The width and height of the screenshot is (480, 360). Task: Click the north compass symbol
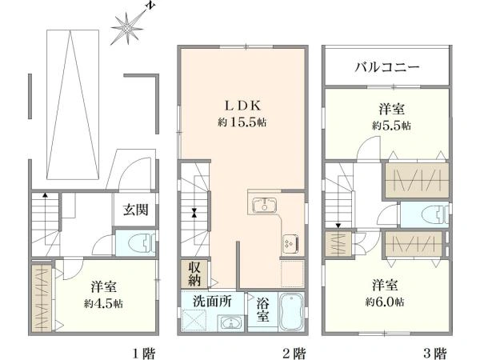coord(129,29)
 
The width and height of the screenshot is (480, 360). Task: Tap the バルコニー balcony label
coord(387,67)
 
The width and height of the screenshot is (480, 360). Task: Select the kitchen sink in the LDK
coord(262,205)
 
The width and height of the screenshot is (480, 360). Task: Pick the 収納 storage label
coord(195,273)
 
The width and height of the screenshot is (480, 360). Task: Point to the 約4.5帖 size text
coord(106,305)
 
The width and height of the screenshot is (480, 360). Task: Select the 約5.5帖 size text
coord(391,126)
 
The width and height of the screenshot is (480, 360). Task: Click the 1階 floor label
coord(143,351)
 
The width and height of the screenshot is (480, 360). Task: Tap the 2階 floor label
coord(294,351)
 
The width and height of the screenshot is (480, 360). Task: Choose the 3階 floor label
coord(435,351)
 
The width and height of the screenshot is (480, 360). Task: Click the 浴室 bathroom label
coord(261,311)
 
